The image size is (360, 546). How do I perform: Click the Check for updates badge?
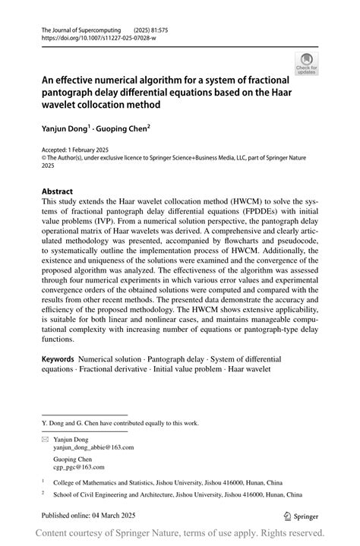306,63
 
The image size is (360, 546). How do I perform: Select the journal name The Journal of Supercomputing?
77,27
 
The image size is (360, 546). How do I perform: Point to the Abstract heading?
58,191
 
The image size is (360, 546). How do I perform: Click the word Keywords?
58,358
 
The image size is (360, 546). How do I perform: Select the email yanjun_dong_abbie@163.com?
93,448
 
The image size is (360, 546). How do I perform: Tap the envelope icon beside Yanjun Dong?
45,439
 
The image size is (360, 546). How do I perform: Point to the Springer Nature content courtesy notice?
180,534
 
